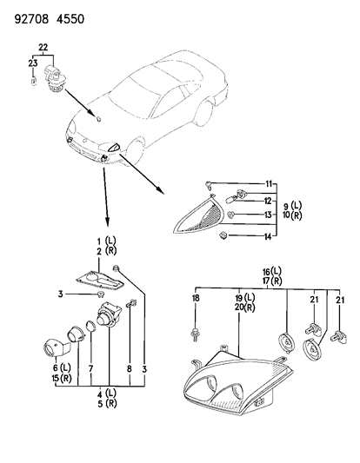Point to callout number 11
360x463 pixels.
270,182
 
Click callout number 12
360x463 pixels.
270,201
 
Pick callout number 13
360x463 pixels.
270,215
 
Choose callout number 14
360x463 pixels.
270,235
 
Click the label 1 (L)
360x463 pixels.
111,239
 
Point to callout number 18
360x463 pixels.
196,298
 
